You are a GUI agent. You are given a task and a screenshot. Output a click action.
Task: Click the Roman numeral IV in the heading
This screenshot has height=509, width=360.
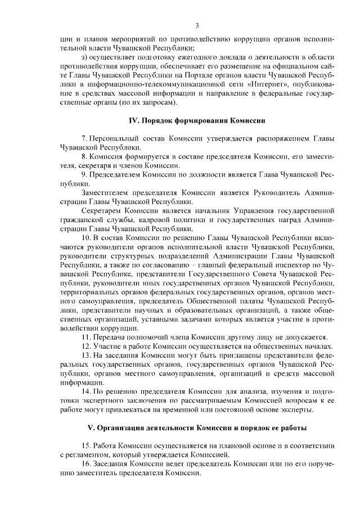pyautogui.click(x=134, y=121)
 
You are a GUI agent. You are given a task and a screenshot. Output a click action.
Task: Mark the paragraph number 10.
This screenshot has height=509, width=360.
pyautogui.click(x=87, y=238)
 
